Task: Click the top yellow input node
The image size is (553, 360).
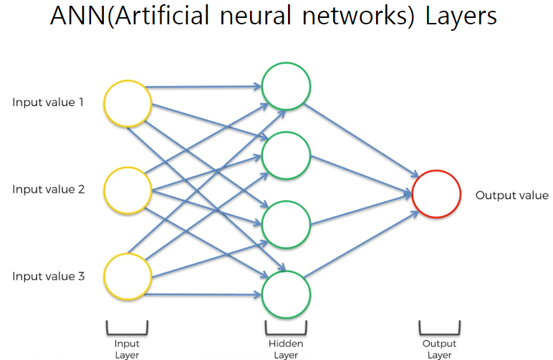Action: click(128, 104)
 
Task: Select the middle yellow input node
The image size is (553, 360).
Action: click(128, 190)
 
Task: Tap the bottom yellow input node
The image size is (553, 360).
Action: click(128, 276)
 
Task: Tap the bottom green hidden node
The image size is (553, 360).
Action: click(286, 294)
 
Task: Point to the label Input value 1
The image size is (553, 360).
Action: click(48, 102)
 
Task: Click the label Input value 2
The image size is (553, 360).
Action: click(48, 190)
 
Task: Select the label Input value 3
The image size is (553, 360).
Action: click(48, 276)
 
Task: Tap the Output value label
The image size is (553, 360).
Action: click(512, 195)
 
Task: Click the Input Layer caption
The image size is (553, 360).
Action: click(128, 349)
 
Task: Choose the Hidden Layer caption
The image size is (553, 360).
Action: click(286, 349)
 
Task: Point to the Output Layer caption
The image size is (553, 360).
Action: click(440, 349)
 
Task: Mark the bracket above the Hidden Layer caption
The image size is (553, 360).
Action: click(286, 329)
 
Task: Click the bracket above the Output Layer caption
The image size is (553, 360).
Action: click(440, 329)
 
